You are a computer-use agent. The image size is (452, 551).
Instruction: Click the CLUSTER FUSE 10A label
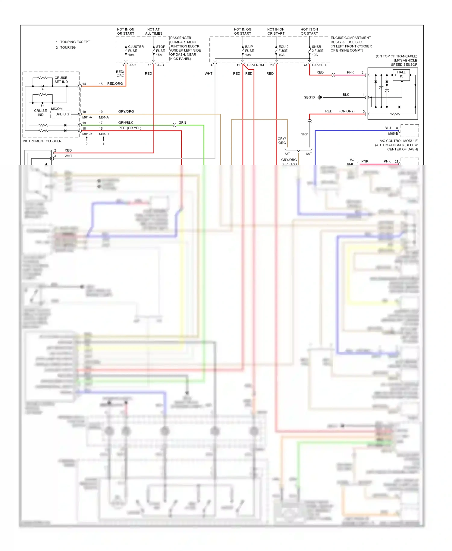coord(135,51)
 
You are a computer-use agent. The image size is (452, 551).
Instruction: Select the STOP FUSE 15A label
coord(160,51)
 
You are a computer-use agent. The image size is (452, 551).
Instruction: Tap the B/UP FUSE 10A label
coord(249,51)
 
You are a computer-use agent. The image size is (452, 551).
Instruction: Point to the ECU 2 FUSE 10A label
coord(283,51)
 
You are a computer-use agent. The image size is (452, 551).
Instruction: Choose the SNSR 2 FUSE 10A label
coord(317,51)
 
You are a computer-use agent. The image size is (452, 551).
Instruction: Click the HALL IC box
coord(401,74)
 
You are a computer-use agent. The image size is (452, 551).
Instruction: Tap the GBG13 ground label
coord(309,97)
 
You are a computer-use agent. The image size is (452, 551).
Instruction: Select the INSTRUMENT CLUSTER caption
coord(42,141)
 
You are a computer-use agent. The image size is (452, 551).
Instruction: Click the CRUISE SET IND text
coord(61,80)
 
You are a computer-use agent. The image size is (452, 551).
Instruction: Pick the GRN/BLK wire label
coord(126,123)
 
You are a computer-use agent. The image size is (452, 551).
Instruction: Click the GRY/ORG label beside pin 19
coord(126,112)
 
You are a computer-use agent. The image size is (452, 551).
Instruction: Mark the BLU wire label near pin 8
coord(388,128)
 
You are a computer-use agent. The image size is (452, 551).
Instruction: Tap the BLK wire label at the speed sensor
coord(346,95)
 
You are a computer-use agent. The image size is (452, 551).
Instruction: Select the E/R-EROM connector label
coord(255,65)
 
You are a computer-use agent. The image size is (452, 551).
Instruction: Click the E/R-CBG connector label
coord(319,65)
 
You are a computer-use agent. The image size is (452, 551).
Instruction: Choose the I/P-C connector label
coord(132,65)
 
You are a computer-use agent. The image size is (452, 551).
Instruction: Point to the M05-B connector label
coord(393,134)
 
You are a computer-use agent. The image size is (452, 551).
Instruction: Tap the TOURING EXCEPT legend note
coord(75,42)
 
